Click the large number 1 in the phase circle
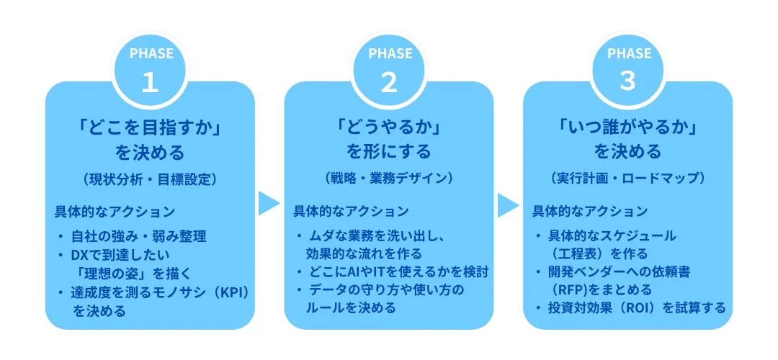click(150, 83)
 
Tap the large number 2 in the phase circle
click(389, 83)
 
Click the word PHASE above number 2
click(389, 54)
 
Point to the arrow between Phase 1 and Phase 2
click(269, 204)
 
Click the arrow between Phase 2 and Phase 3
click(508, 204)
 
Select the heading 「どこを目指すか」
click(150, 127)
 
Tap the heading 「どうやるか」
click(389, 127)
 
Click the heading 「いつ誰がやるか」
click(628, 127)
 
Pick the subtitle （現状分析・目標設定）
click(150, 177)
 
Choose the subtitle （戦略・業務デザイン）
click(389, 177)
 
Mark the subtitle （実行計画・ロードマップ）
click(628, 177)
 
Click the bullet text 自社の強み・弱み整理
click(140, 236)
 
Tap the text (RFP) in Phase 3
click(568, 289)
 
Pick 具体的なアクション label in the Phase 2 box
click(351, 212)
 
